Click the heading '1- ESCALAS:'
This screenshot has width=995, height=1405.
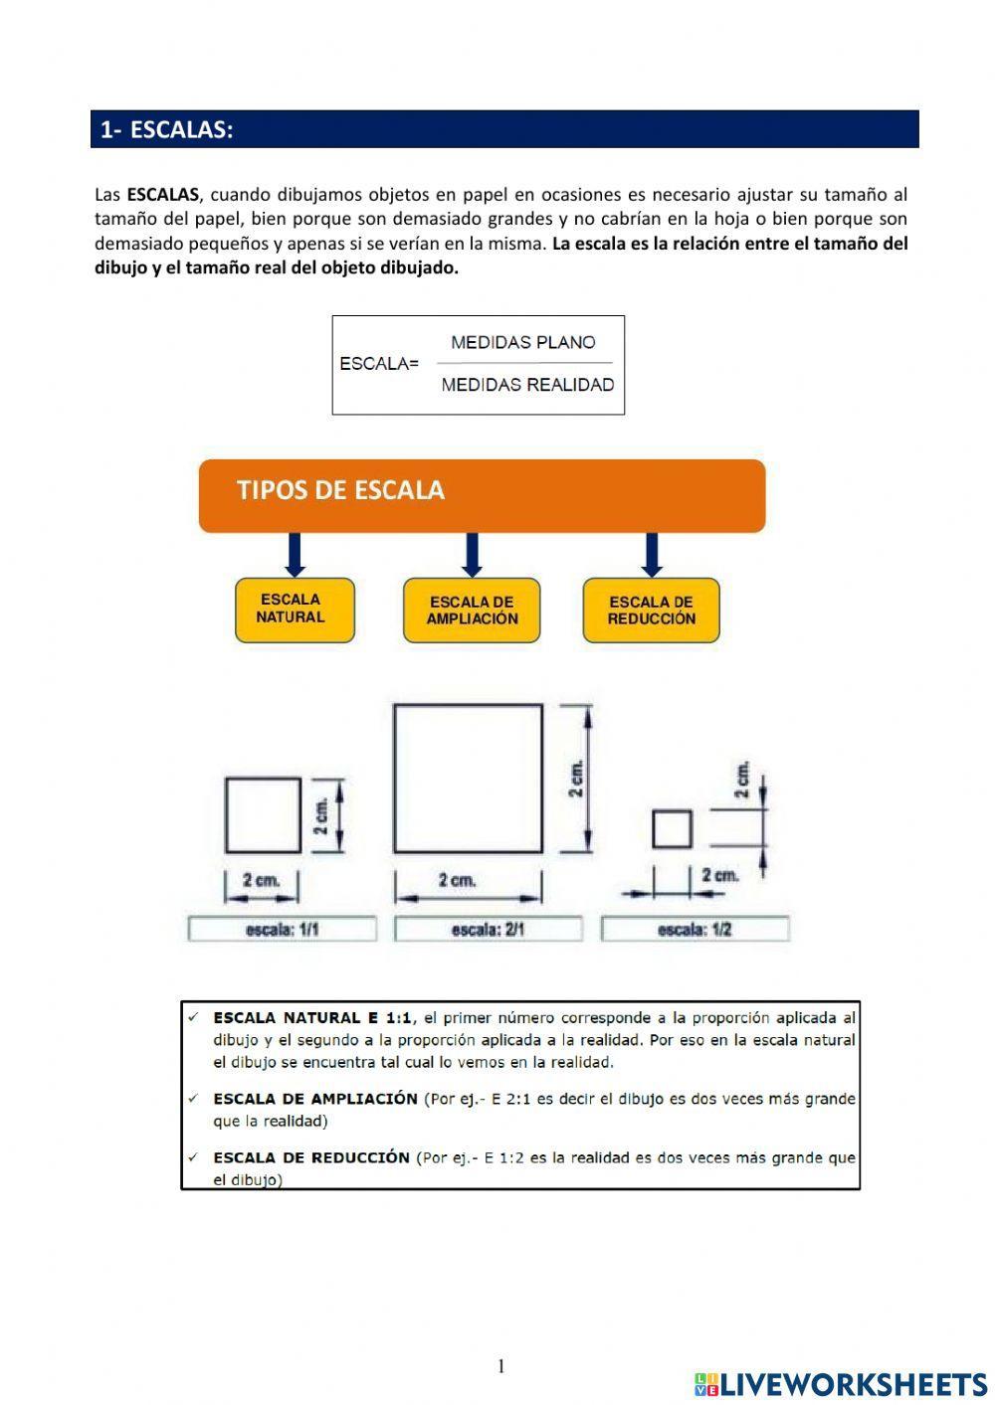(x=166, y=130)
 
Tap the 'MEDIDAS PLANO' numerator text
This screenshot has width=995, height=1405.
(x=522, y=343)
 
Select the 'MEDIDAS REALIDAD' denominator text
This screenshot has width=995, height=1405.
(x=526, y=385)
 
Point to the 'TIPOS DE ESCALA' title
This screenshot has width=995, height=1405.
(x=340, y=490)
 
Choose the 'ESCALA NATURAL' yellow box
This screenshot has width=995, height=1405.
(x=294, y=610)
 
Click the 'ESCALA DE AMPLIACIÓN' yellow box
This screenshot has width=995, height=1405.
(x=472, y=611)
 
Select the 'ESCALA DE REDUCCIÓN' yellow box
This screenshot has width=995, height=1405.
(x=651, y=611)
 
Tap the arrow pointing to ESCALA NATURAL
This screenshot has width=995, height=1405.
(x=294, y=555)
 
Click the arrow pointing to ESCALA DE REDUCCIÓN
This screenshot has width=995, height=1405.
(x=652, y=555)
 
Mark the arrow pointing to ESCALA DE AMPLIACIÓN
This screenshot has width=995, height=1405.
(x=472, y=555)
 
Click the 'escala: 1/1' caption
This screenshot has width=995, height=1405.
(x=283, y=930)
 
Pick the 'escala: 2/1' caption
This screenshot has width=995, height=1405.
(x=489, y=930)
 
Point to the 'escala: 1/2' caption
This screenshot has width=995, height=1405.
(x=695, y=930)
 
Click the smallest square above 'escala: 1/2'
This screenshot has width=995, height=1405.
(x=672, y=829)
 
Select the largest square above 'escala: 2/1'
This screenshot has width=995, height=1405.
(x=468, y=779)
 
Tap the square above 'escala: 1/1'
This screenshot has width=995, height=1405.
(x=263, y=815)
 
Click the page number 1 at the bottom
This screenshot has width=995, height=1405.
(x=501, y=1366)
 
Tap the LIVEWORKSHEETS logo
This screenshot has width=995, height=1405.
(x=841, y=1383)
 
